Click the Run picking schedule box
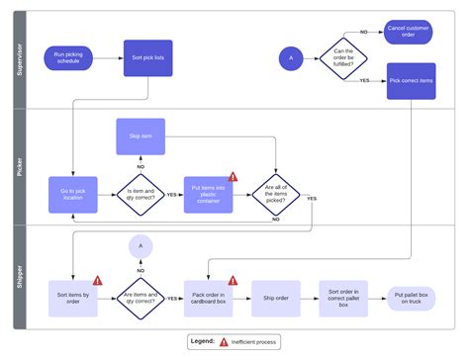69,58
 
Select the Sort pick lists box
148,58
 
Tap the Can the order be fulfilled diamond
343,58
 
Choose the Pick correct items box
410,80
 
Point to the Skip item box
141,136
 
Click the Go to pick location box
73,194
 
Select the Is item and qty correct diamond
141,194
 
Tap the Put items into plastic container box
209,194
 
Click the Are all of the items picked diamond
276,194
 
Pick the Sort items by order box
73,298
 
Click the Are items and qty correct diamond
141,298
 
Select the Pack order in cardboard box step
209,298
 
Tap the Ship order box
276,298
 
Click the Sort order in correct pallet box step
343,298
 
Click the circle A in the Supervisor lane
290,58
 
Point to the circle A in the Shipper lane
141,246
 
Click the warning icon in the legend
224,341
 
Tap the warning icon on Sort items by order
98,280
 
